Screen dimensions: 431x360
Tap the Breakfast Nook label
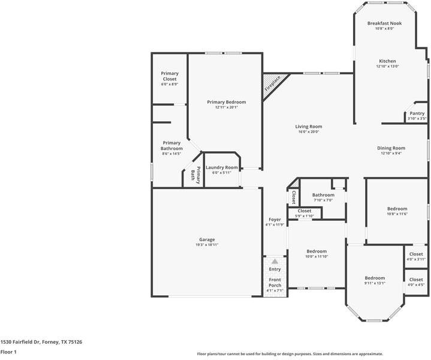[385, 23]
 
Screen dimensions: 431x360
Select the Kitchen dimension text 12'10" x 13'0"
[388, 67]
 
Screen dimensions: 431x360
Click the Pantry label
[417, 113]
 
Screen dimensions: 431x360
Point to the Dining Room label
[391, 148]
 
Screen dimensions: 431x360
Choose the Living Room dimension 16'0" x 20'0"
[309, 132]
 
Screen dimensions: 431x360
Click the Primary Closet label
[170, 76]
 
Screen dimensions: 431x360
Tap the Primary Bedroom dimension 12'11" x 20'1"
[227, 107]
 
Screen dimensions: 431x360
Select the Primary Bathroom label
[171, 146]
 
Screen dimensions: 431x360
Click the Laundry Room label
[222, 167]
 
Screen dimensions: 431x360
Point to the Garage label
[207, 240]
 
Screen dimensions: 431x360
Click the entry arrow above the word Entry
[275, 261]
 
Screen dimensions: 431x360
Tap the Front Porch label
[275, 283]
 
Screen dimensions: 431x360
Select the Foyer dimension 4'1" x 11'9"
[275, 224]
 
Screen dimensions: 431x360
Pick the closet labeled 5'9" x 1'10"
[305, 213]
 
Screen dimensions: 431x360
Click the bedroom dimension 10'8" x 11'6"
[397, 214]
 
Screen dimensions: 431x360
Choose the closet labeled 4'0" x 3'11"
[416, 256]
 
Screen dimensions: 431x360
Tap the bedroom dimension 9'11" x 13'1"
[375, 283]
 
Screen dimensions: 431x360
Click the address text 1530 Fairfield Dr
[20, 342]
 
